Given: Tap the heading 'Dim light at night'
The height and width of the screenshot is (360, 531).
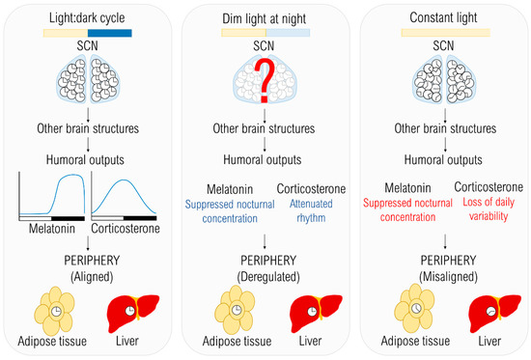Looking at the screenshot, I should [265, 14].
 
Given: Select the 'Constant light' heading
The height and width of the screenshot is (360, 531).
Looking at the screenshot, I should [442, 14].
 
